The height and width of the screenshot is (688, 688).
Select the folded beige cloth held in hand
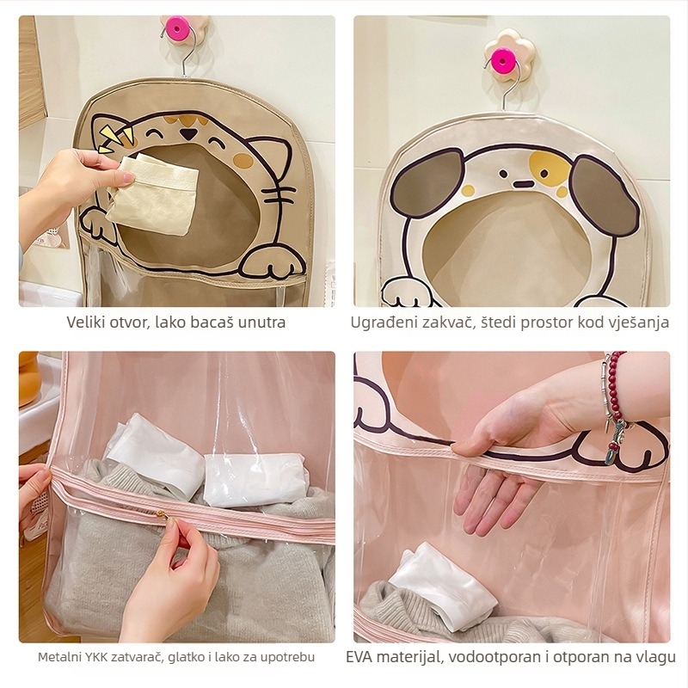pyautogui.click(x=154, y=193)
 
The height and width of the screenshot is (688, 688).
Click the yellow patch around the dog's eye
pyautogui.click(x=549, y=168)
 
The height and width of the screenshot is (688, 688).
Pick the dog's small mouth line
pyautogui.click(x=522, y=184)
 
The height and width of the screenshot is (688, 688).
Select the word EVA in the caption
pyautogui.click(x=359, y=657)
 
